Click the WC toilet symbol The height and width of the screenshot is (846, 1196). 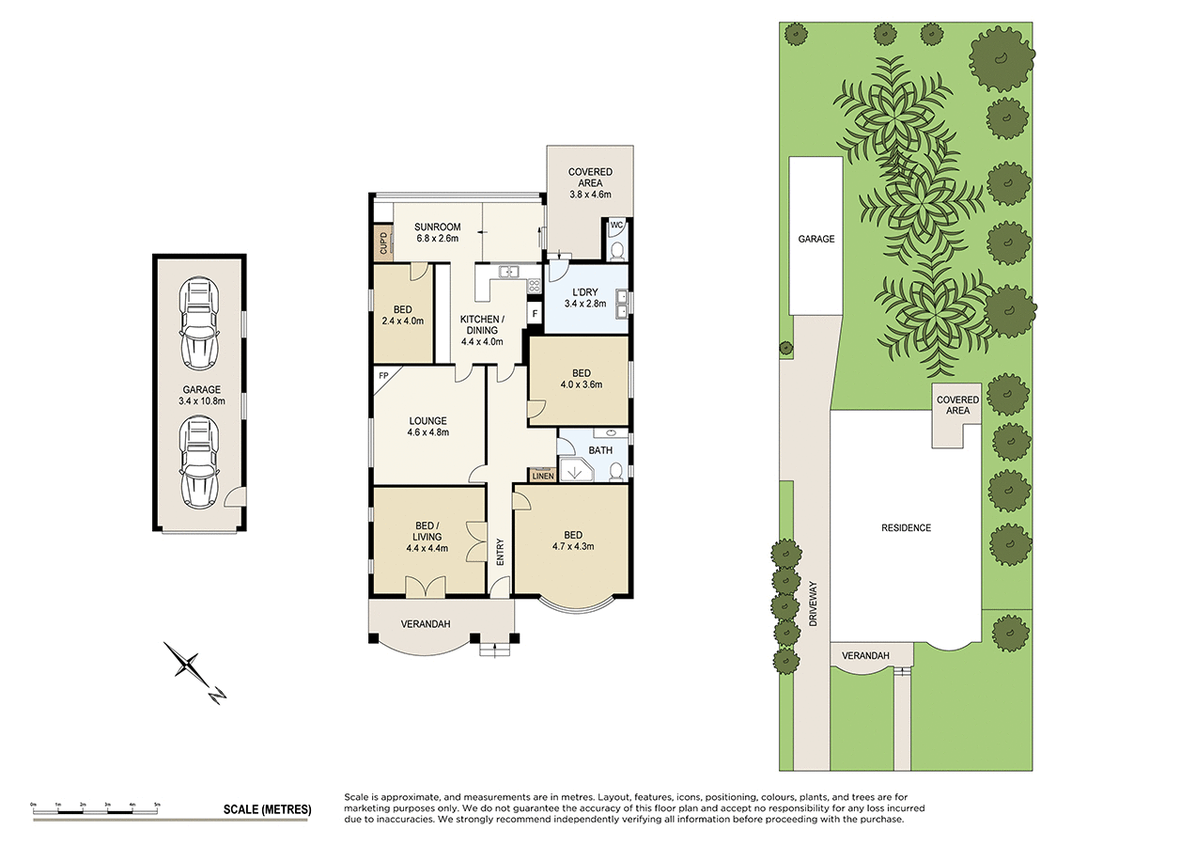tap(616, 249)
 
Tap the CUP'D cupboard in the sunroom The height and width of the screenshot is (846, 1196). tap(382, 244)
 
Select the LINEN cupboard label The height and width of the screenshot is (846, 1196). tap(543, 476)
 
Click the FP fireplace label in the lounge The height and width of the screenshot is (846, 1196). tap(383, 376)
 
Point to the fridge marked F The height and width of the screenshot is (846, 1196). tap(535, 313)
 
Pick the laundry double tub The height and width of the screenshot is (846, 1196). tap(621, 304)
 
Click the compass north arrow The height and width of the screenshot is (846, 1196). tap(194, 671)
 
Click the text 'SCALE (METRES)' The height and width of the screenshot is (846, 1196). tap(267, 809)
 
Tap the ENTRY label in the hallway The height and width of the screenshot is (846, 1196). tap(500, 550)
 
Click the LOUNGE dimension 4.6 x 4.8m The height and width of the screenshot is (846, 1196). tap(427, 433)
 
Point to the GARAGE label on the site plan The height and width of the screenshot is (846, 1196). tap(815, 239)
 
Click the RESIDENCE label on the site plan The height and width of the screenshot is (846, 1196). tap(906, 527)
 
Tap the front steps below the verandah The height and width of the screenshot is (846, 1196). tap(493, 648)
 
